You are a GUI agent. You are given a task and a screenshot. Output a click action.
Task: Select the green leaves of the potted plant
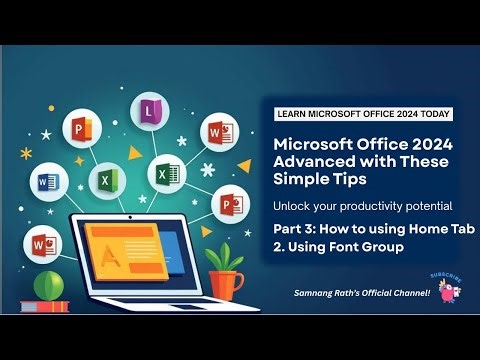click(226, 257)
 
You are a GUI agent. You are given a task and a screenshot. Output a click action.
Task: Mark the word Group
click(384, 246)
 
